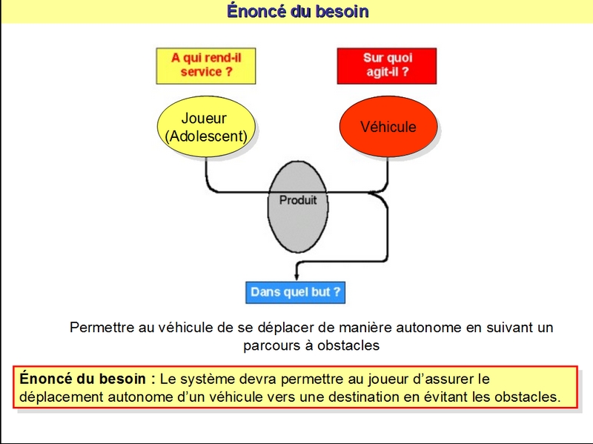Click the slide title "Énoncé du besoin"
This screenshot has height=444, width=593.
point(298,11)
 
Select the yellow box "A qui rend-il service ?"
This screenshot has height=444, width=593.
point(206,66)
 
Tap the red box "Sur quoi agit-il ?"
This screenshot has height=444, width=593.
point(387,66)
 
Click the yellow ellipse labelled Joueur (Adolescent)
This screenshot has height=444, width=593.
point(206,126)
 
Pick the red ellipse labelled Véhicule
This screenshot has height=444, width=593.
point(388,126)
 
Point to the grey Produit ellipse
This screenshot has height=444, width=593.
point(298,207)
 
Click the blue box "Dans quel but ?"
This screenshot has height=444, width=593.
point(295,292)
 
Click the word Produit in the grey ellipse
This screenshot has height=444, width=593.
point(298,199)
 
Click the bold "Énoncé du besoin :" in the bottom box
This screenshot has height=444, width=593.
point(87,379)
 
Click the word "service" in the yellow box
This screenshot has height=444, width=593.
point(201,72)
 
